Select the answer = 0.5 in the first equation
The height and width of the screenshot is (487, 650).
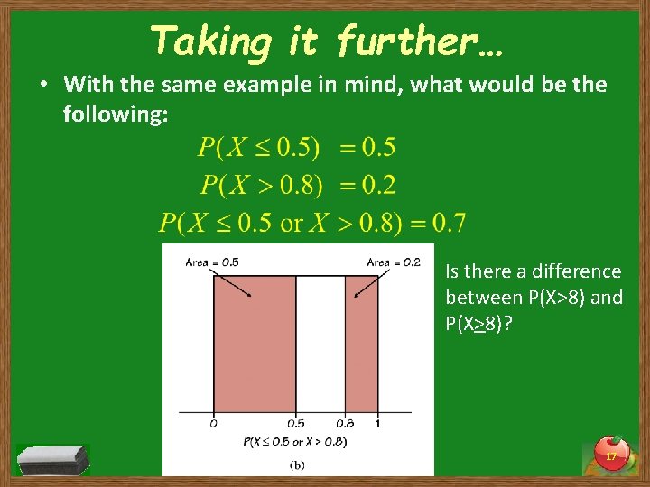pyautogui.click(x=367, y=147)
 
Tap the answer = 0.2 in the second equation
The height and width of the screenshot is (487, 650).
pyautogui.click(x=367, y=185)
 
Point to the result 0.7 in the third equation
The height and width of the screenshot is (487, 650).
pyautogui.click(x=449, y=221)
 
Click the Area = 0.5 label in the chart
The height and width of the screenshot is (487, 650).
pyautogui.click(x=212, y=262)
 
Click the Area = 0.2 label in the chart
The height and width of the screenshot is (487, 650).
pyautogui.click(x=394, y=262)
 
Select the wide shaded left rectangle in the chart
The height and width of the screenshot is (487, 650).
pyautogui.click(x=255, y=343)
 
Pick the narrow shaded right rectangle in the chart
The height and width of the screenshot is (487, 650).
pyautogui.click(x=361, y=343)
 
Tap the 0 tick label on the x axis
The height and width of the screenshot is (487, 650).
pyautogui.click(x=213, y=423)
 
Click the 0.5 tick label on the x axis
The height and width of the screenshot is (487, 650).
pyautogui.click(x=296, y=423)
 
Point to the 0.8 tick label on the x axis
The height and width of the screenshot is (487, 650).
pyautogui.click(x=346, y=423)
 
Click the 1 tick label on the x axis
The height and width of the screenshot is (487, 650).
pyautogui.click(x=377, y=423)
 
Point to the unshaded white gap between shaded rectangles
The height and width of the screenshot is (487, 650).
pyautogui.click(x=320, y=343)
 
